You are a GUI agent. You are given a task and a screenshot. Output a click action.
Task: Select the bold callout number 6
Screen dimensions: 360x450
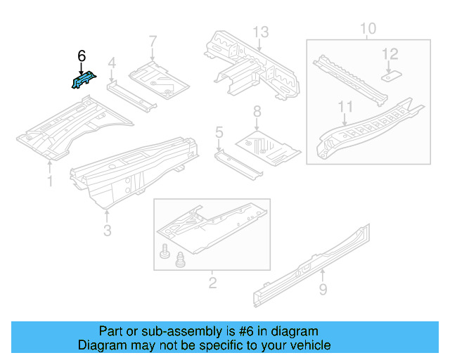(x=82, y=56)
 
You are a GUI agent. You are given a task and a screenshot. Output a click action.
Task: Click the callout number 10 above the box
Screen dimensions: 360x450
(x=368, y=29)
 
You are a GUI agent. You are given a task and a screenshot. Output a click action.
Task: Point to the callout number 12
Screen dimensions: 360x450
(x=390, y=53)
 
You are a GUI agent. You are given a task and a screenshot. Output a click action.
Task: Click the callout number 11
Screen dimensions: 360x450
(x=344, y=107)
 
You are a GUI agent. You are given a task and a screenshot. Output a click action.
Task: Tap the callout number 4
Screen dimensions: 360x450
(x=111, y=66)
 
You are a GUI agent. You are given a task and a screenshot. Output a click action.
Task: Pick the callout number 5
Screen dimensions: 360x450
(x=219, y=131)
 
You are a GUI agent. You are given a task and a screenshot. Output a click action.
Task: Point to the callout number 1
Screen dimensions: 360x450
(x=50, y=182)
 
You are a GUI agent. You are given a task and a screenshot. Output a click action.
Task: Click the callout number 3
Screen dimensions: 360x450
(x=106, y=230)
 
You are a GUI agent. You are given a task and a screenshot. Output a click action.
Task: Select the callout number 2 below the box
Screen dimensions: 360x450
(x=212, y=283)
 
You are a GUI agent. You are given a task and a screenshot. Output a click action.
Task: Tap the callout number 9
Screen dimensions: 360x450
(x=322, y=288)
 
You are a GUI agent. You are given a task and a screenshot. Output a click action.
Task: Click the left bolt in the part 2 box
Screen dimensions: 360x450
(x=165, y=251)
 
